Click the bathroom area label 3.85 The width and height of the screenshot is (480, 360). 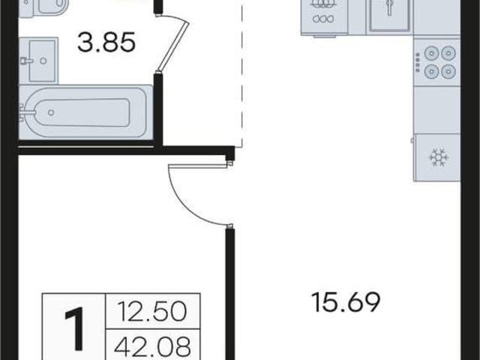[x=106, y=42]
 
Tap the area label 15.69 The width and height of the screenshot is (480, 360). [x=346, y=302]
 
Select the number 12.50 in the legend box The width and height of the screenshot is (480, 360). [x=152, y=311]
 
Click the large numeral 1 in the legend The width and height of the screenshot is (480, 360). [x=74, y=329]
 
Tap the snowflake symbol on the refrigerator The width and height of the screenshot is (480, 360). [x=439, y=157]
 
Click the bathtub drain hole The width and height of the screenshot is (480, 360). [x=51, y=112]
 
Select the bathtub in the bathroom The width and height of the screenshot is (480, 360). [x=85, y=112]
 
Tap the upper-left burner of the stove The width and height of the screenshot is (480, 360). [x=431, y=53]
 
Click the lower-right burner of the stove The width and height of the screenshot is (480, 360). [x=448, y=71]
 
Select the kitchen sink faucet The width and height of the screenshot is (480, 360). [x=389, y=6]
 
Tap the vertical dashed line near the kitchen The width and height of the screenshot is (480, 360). [x=242, y=73]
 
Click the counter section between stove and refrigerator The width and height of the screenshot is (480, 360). [x=436, y=109]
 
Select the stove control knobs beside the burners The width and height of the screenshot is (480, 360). [x=417, y=62]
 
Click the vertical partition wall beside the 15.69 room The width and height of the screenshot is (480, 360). [x=230, y=294]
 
